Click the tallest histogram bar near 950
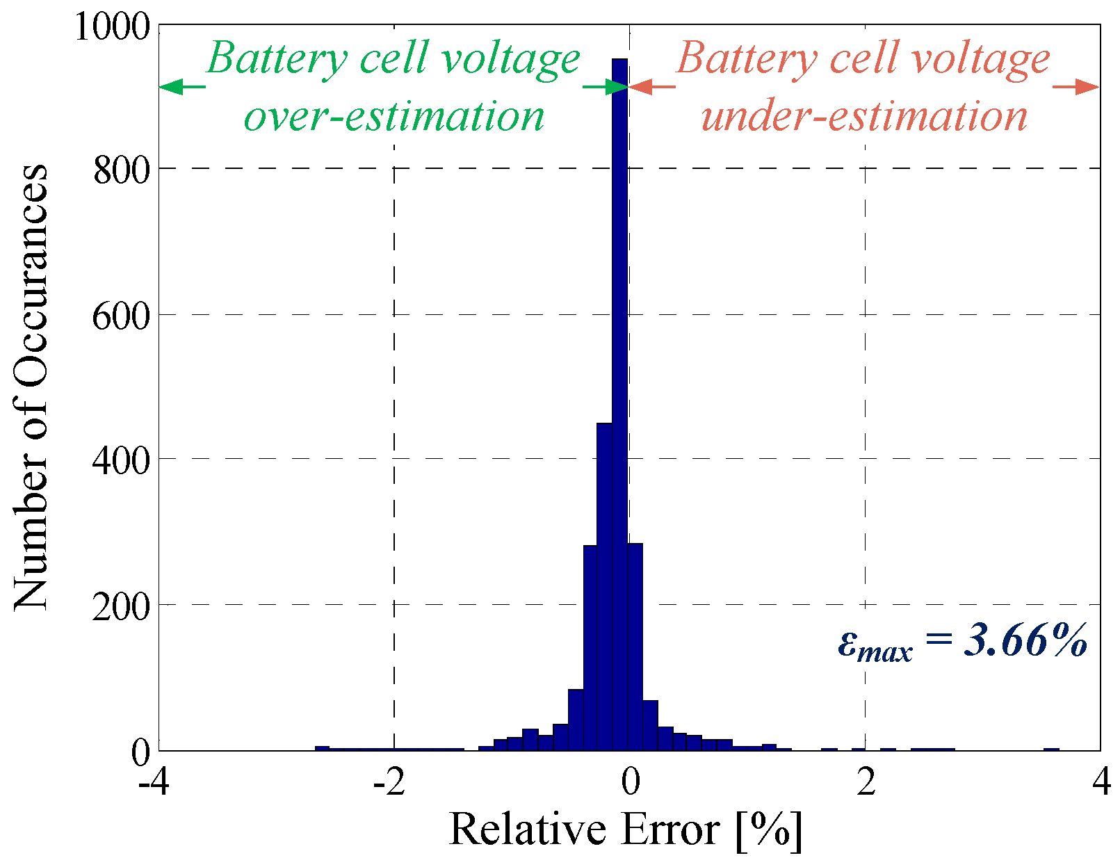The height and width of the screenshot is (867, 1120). [x=619, y=403]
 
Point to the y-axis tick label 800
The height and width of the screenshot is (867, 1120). [x=122, y=170]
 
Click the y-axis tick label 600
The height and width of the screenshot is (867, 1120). [x=122, y=316]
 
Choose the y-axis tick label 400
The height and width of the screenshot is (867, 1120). [x=122, y=460]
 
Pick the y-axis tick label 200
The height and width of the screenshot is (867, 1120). [x=122, y=606]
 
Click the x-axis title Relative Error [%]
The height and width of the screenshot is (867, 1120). [x=626, y=829]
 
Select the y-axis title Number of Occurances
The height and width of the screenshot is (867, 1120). [x=31, y=388]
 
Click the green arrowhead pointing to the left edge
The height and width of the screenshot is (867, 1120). [x=171, y=87]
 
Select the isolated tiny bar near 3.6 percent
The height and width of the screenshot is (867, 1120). [x=1051, y=749]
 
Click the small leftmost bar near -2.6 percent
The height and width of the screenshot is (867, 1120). [x=322, y=748]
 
